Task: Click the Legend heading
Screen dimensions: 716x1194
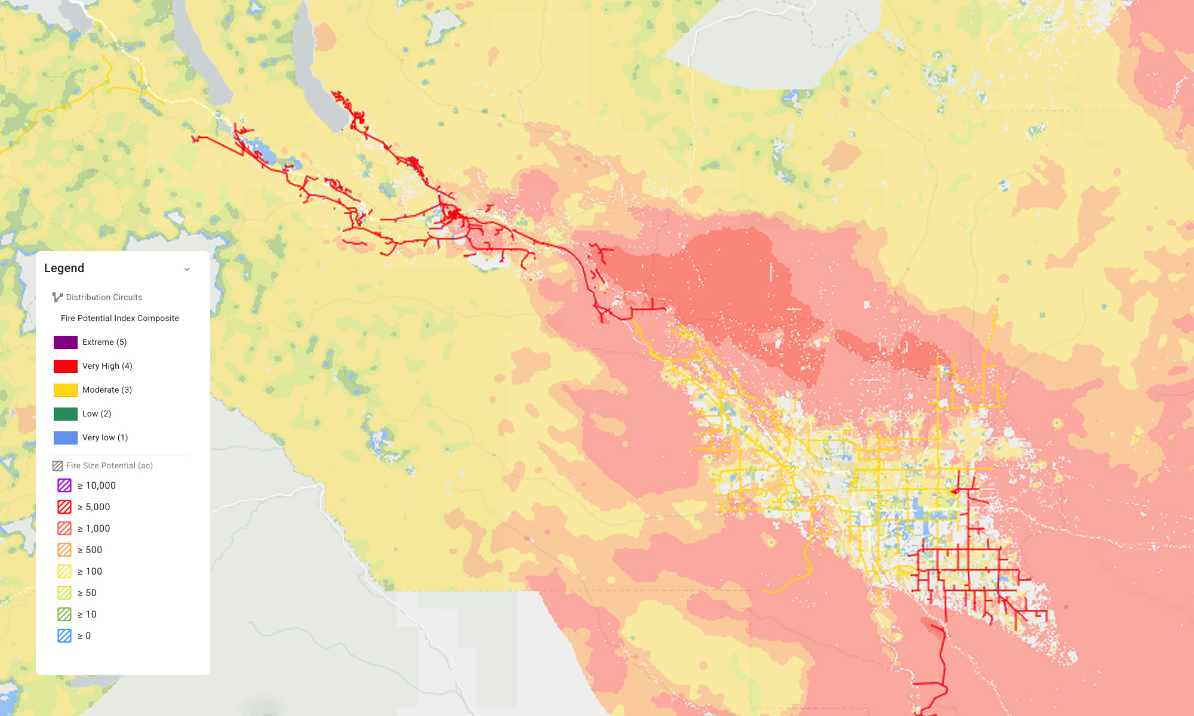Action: (64, 268)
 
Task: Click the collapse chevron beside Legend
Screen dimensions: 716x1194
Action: (187, 269)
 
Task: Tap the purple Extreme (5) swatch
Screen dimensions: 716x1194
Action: (66, 342)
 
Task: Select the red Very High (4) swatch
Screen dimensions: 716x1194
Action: (66, 366)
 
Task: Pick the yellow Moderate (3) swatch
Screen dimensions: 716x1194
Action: (66, 390)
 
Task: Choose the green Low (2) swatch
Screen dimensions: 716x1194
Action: (66, 414)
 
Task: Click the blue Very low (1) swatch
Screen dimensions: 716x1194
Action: (66, 438)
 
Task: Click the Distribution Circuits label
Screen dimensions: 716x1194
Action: (104, 297)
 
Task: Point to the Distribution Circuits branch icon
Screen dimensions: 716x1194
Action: (57, 297)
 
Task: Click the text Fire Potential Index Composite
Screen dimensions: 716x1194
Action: (119, 319)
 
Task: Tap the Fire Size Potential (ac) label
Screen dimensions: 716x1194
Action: (109, 465)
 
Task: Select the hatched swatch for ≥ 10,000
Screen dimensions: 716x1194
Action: (64, 486)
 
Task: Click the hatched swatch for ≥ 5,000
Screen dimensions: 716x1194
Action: (64, 507)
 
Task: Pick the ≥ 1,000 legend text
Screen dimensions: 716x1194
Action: (94, 529)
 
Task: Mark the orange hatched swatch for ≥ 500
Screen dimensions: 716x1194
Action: (64, 550)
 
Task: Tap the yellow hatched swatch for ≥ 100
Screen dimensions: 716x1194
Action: (64, 572)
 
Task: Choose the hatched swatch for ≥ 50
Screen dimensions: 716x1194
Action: (64, 593)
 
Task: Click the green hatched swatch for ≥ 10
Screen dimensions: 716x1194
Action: (64, 615)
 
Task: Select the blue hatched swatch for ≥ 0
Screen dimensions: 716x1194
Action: (64, 636)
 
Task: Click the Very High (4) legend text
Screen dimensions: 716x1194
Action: (107, 366)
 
